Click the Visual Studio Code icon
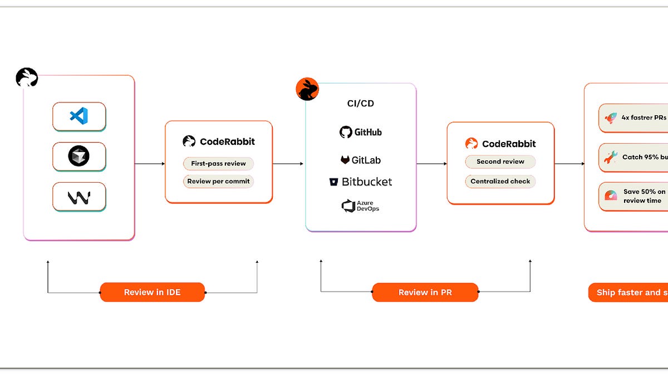(79, 116)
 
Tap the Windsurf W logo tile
(79, 197)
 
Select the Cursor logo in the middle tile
(79, 157)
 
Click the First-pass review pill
(218, 164)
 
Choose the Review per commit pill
(218, 182)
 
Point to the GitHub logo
(346, 132)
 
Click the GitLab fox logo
(346, 160)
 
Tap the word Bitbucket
(367, 182)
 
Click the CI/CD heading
(361, 104)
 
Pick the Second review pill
(500, 162)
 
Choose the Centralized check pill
(500, 182)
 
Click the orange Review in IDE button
(152, 292)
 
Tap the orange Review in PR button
(425, 292)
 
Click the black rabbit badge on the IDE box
(27, 77)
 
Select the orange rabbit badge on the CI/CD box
(307, 89)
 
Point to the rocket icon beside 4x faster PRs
(611, 118)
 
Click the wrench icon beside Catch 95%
(611, 158)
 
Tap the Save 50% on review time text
(644, 196)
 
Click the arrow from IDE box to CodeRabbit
(150, 164)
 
